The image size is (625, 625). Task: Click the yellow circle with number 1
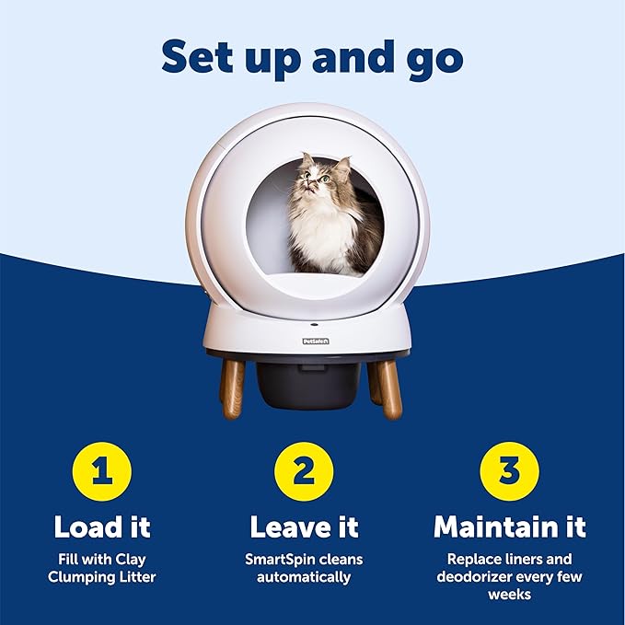102,471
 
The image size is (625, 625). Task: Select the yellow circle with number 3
509,471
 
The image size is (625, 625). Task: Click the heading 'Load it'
102,527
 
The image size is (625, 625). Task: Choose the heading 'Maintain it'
509,527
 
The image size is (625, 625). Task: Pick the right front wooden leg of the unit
392,388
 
